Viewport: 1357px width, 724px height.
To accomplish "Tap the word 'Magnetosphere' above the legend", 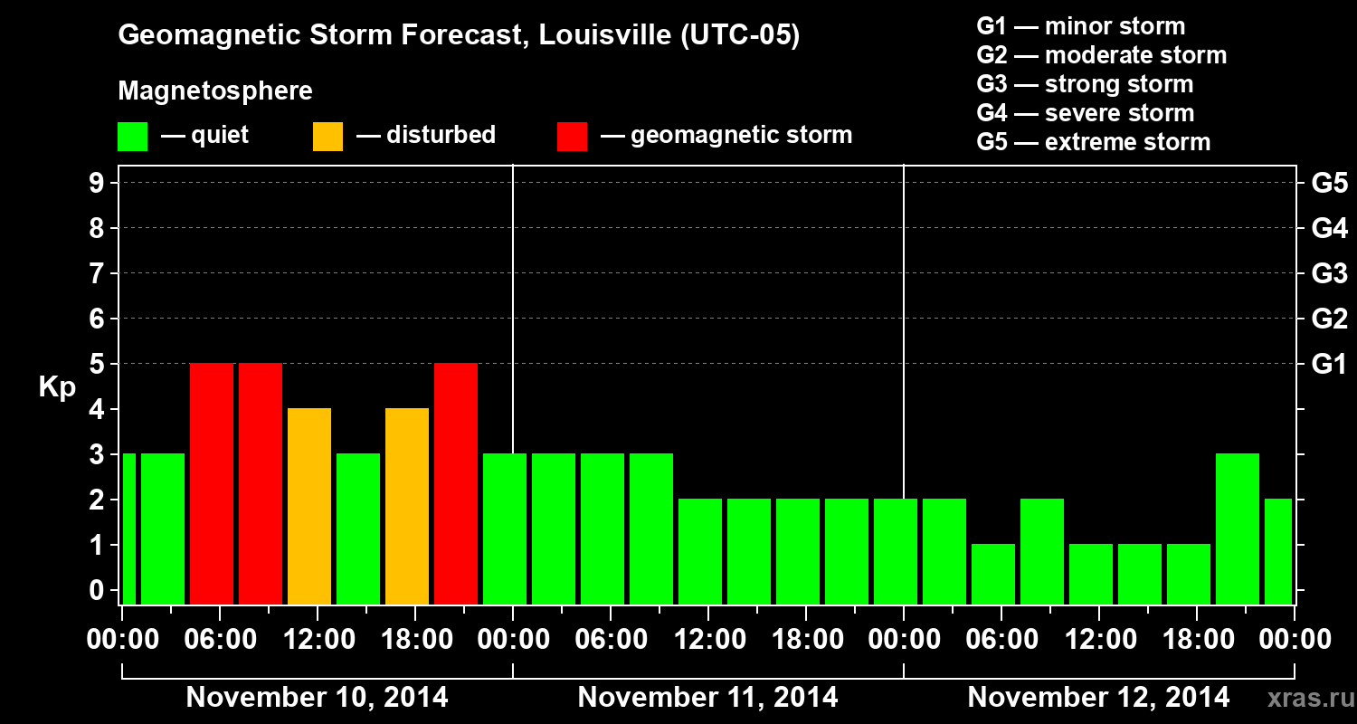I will (215, 91).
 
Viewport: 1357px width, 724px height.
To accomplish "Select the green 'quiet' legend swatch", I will (132, 137).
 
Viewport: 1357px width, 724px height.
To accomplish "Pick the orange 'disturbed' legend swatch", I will (327, 137).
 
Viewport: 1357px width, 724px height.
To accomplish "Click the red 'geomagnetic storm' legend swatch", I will (572, 137).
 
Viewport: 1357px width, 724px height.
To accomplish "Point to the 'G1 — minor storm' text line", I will (1081, 26).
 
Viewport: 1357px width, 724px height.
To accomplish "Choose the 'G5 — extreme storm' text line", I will (1093, 142).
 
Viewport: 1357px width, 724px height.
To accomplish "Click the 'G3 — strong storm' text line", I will (1085, 84).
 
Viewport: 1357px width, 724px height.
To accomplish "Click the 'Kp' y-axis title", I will (57, 387).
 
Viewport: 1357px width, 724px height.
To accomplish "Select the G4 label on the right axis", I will (1329, 229).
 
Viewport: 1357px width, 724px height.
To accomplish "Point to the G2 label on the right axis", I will (1329, 319).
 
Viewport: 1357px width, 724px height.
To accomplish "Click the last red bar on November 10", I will (456, 483).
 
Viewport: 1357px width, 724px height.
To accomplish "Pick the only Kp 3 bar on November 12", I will (1237, 529).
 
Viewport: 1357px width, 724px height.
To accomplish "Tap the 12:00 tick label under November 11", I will (708, 640).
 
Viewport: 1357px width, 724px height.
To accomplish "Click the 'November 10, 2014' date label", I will (317, 698).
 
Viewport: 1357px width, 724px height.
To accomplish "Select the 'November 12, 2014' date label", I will (1098, 698).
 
